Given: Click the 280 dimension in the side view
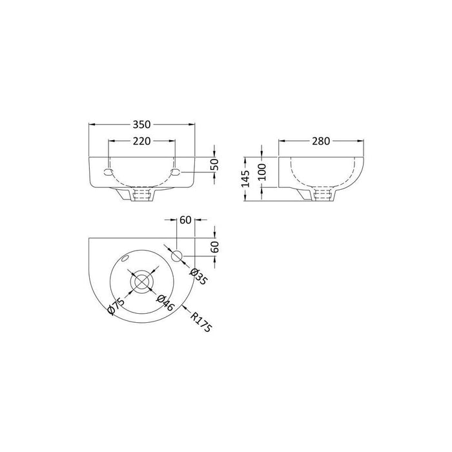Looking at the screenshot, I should (x=320, y=141).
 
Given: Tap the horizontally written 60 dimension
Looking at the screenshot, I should (x=185, y=221).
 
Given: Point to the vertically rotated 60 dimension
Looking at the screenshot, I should (x=216, y=246).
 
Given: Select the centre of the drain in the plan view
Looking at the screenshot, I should (x=141, y=283).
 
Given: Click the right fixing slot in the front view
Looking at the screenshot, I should (x=175, y=172).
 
